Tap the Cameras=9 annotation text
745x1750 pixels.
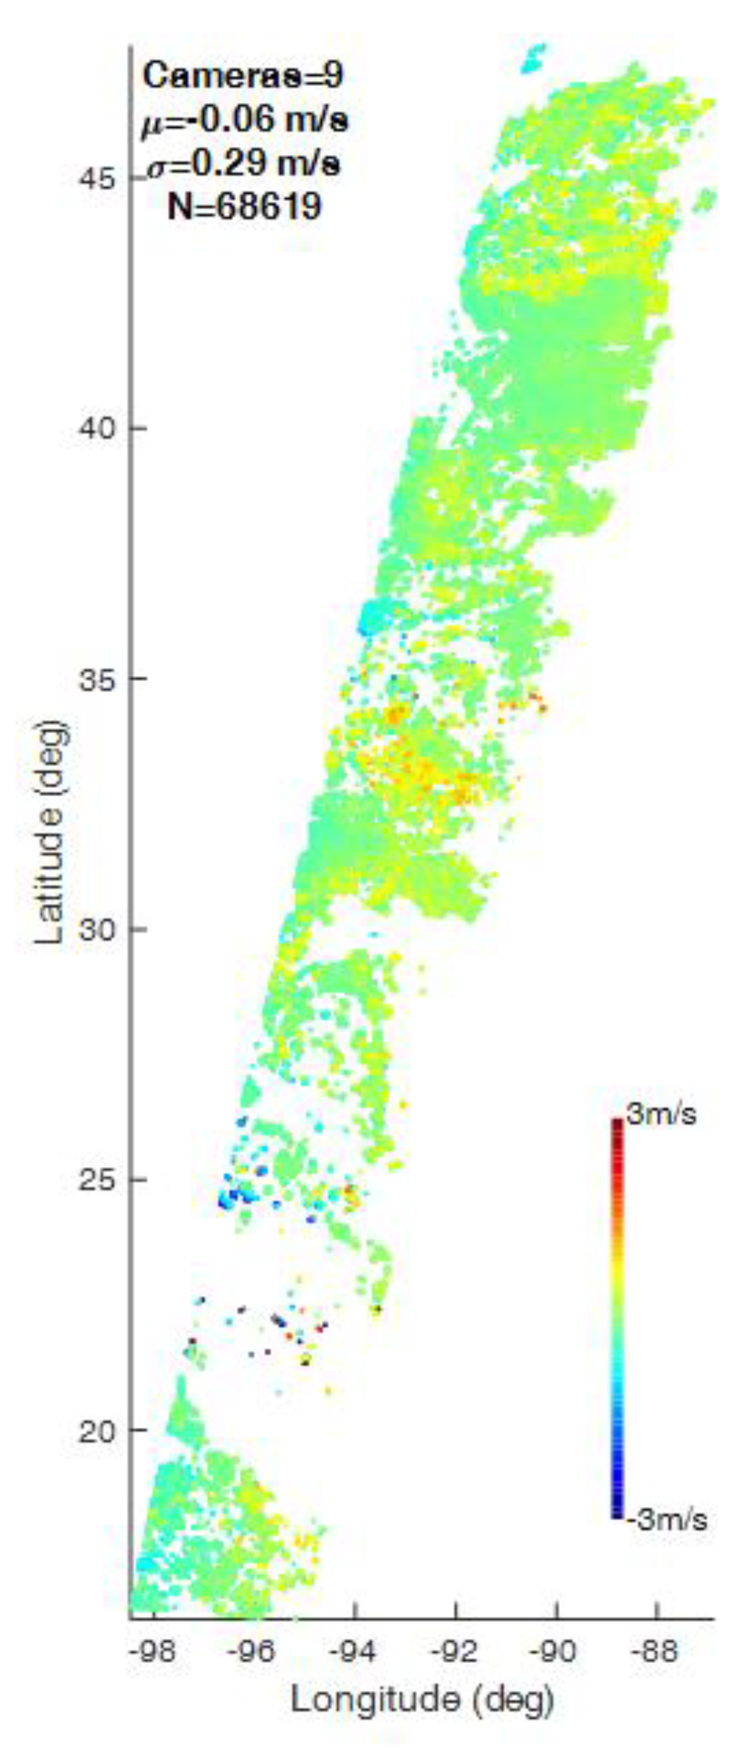[243, 76]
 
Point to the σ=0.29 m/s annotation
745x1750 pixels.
[244, 164]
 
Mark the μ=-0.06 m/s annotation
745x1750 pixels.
[244, 120]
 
